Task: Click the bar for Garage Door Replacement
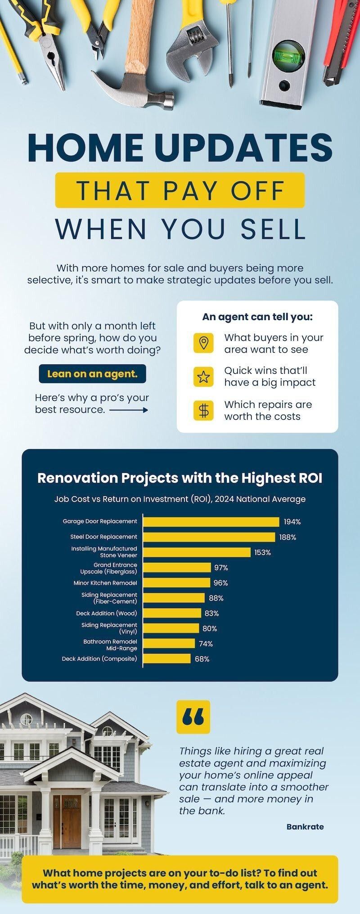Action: tap(211, 522)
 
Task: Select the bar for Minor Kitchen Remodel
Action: tap(177, 583)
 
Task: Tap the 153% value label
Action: tap(262, 552)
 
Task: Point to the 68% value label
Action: tap(202, 659)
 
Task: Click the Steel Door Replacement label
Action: tap(103, 537)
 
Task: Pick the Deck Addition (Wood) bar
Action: tap(172, 613)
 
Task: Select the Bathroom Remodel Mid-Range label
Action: tap(110, 645)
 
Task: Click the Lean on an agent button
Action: tap(92, 374)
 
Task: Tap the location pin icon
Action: tap(203, 343)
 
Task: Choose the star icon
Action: tap(203, 376)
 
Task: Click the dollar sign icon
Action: tap(203, 410)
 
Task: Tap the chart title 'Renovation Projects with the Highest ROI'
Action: tap(180, 478)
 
